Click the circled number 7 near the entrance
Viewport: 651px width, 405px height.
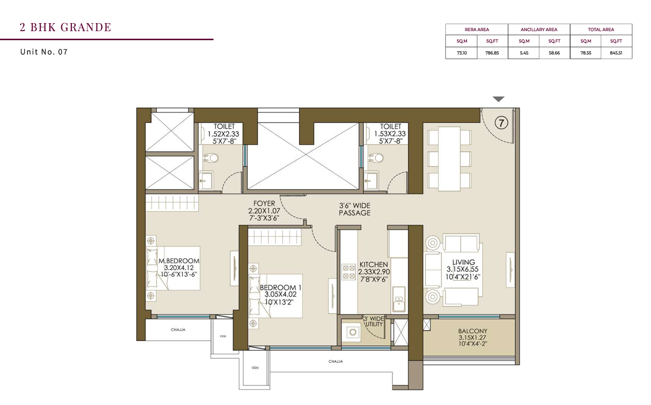pos(501,123)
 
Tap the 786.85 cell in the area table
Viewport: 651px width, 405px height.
pos(492,53)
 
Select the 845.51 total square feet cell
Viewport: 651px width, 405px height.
pos(616,53)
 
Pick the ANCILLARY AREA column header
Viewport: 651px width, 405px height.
pos(539,30)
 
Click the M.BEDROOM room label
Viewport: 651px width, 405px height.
pos(179,261)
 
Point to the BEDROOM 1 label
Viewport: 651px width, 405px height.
pos(281,287)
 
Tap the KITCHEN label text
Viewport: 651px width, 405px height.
pos(374,265)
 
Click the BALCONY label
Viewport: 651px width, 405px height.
pos(473,331)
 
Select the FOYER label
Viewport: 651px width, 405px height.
pos(264,204)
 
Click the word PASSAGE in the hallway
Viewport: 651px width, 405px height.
pos(354,213)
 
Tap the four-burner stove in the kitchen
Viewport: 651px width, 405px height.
pos(348,272)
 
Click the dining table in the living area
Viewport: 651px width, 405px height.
pos(449,159)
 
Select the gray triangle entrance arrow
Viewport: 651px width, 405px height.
pos(498,99)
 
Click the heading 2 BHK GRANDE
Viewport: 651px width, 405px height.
pos(65,27)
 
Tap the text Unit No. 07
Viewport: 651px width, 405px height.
pos(44,52)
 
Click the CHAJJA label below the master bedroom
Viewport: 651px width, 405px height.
pos(178,330)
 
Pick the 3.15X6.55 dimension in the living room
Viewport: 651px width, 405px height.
pos(462,269)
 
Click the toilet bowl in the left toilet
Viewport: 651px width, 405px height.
pos(212,158)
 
